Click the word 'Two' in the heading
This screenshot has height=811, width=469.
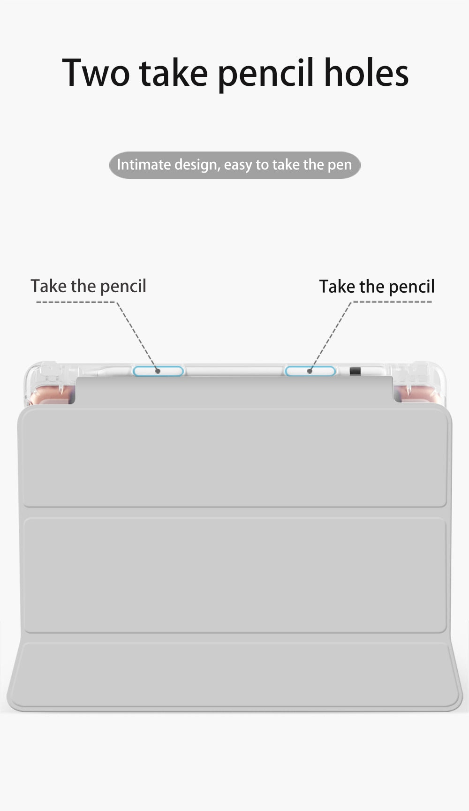(96, 73)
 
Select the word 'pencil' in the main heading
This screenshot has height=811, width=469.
(265, 74)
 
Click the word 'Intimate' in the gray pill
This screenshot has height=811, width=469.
(144, 165)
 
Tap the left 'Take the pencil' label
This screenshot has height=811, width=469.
(88, 286)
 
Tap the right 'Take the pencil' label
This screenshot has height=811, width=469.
(377, 286)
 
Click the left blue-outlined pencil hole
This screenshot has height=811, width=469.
(158, 371)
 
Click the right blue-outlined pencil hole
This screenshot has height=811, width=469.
(310, 371)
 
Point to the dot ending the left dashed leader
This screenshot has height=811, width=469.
(158, 371)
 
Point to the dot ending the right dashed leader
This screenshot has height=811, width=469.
(310, 371)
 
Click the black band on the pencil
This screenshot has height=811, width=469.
(355, 371)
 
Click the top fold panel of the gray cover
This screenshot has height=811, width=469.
(234, 457)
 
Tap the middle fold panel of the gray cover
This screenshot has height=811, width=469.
(234, 575)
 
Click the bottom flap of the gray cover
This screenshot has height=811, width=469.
(234, 675)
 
